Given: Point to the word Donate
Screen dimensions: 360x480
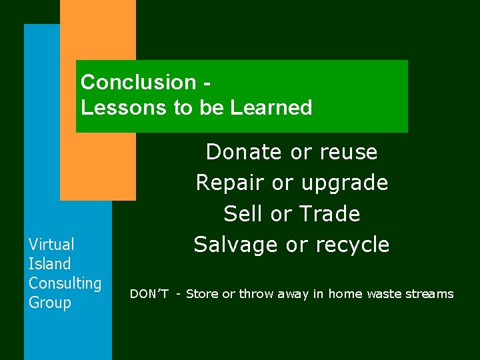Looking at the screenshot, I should (x=244, y=152).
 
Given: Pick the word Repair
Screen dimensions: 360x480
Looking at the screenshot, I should (x=228, y=183).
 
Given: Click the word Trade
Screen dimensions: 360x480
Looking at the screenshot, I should (x=329, y=213).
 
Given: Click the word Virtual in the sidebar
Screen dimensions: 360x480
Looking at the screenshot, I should (x=51, y=245).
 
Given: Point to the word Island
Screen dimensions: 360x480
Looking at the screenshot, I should (x=49, y=264).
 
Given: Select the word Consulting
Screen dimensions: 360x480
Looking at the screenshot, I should (x=65, y=283).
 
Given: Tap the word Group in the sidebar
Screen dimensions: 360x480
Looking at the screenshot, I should (x=49, y=303).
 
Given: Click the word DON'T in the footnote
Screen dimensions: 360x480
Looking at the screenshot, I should (x=149, y=294).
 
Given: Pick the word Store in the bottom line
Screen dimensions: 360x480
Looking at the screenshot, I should (x=202, y=294).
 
